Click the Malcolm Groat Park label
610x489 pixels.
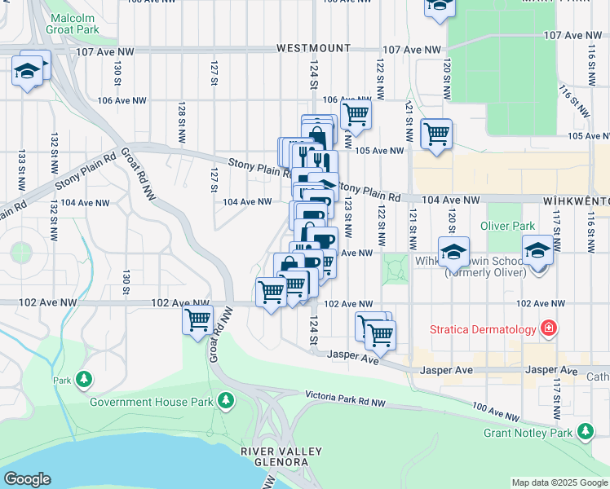pyautogui.click(x=82, y=24)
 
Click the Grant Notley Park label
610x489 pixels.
pyautogui.click(x=528, y=432)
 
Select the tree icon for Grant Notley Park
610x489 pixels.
pyautogui.click(x=584, y=431)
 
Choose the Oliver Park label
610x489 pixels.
pyautogui.click(x=507, y=226)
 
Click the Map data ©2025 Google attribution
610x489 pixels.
pyautogui.click(x=559, y=482)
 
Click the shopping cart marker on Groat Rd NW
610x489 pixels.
pyautogui.click(x=197, y=320)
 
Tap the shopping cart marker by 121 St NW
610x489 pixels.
pyautogui.click(x=436, y=133)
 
